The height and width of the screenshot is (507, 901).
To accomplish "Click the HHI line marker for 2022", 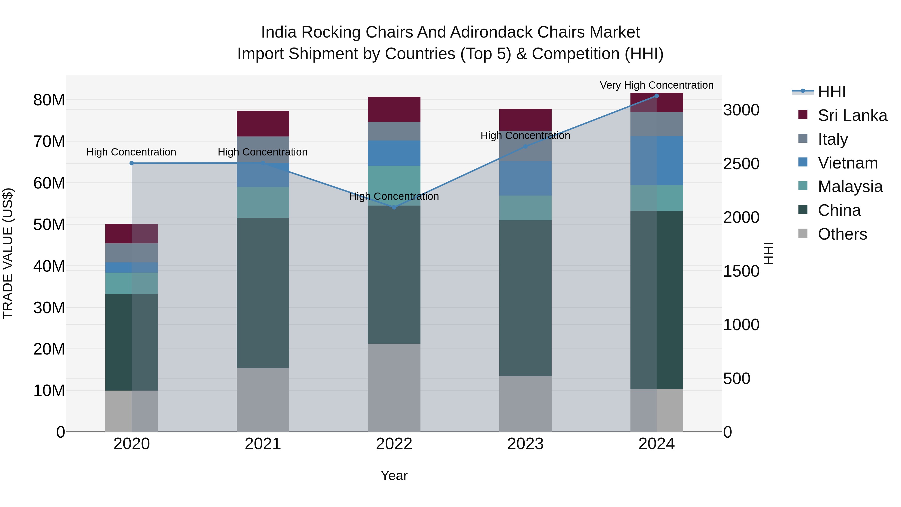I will click(x=394, y=207).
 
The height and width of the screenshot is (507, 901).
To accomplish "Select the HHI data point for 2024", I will click(x=656, y=96).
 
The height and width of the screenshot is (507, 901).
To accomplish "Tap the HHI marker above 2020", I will click(x=132, y=163).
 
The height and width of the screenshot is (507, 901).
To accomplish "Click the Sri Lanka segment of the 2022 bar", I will click(x=394, y=109).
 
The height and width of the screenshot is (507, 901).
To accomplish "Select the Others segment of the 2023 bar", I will click(x=525, y=404).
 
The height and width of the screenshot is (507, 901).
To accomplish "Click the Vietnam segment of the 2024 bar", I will click(x=656, y=160).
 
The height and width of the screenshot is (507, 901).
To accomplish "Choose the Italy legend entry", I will click(x=832, y=139).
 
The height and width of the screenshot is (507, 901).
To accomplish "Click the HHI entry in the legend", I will click(x=831, y=92).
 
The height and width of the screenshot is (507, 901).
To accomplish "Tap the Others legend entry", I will click(x=842, y=234).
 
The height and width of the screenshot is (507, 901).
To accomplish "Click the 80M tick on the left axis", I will click(x=49, y=100).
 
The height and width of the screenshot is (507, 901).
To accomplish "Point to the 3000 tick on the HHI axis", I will click(x=741, y=110).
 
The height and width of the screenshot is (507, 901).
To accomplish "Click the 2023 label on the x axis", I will click(x=525, y=444).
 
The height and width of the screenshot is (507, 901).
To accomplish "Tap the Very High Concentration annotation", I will click(x=656, y=85).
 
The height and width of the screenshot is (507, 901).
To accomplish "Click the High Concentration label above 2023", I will click(x=525, y=135).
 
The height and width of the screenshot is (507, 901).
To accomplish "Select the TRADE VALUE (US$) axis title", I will click(x=8, y=253).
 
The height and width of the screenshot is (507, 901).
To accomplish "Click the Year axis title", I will click(x=394, y=475).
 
